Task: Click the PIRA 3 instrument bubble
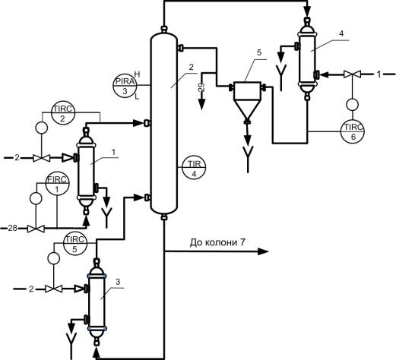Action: (x=125, y=85)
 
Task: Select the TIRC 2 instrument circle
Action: (x=63, y=113)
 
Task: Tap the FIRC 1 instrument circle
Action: (x=58, y=183)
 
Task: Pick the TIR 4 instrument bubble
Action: (x=194, y=167)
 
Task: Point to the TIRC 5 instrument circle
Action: (x=75, y=243)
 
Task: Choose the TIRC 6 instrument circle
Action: (x=353, y=131)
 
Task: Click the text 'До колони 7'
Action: (x=217, y=242)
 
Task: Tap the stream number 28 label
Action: (x=12, y=229)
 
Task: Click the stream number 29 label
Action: (x=201, y=87)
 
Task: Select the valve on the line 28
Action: (x=36, y=229)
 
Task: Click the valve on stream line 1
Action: (x=352, y=74)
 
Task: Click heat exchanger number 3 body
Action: (x=97, y=302)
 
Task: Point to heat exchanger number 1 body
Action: (x=86, y=171)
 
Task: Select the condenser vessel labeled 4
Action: (x=307, y=59)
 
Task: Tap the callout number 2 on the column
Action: (x=192, y=67)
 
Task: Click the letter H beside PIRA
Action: (x=137, y=74)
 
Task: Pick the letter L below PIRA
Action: (x=137, y=96)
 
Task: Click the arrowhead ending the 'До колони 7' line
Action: (x=263, y=251)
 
